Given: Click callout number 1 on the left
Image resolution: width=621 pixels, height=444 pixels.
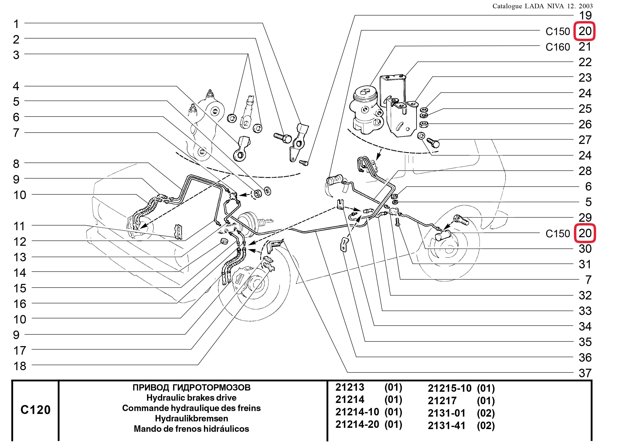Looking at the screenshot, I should coord(16,24).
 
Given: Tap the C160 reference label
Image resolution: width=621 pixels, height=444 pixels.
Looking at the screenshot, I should coord(557,47).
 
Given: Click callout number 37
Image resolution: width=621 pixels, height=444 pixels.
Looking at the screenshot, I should coord(585,373).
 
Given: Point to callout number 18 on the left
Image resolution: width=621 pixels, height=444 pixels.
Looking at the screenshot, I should coord(20,366).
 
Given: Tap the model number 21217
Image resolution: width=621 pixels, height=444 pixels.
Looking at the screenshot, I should coord(442,401).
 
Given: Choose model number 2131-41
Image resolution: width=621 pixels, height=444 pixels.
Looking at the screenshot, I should coord(446,426).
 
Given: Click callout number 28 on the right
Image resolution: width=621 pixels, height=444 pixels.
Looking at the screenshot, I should coord(585,171).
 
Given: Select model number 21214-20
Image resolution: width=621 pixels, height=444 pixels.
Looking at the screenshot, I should coord(357,424).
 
